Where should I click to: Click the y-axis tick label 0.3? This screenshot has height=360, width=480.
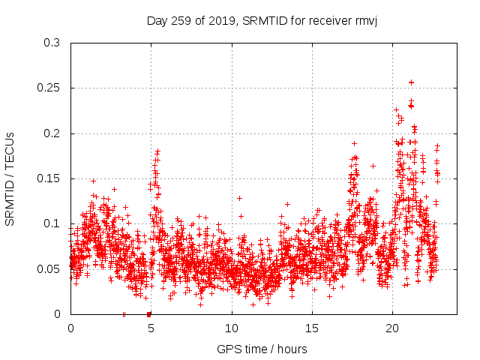[x=52, y=43]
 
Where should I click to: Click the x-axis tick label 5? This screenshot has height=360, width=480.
[x=151, y=328]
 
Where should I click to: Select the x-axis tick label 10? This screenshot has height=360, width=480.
[x=232, y=328]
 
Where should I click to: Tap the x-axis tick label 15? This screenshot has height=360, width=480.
[x=312, y=328]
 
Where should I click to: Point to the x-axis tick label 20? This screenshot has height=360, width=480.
[x=392, y=328]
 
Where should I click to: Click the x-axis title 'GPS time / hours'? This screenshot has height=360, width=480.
[x=262, y=349]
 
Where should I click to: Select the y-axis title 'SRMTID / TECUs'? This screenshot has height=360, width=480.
[x=10, y=178]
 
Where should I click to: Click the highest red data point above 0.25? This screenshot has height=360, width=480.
[x=411, y=82]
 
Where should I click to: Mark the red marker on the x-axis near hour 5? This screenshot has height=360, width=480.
[x=149, y=313]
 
